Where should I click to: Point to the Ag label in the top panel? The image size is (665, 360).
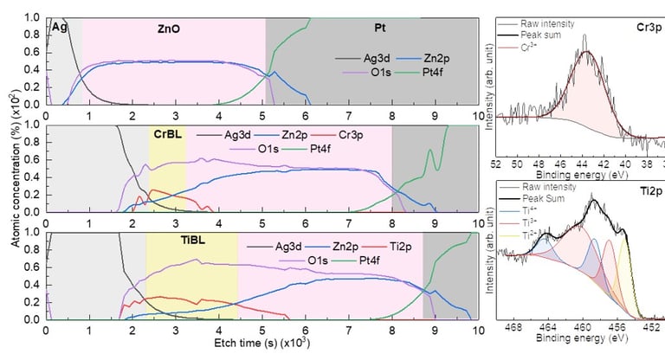tap(60, 28)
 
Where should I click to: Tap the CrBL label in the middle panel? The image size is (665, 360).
tap(168, 135)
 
